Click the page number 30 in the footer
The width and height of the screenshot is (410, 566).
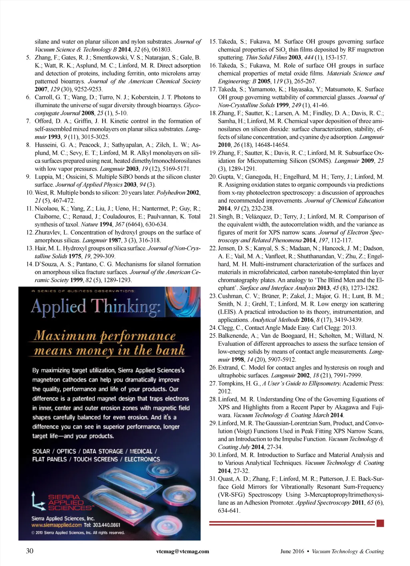pos(30,551)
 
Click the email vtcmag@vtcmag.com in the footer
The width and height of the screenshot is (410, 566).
pos(183,551)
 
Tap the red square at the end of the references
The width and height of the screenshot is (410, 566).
pos(380,523)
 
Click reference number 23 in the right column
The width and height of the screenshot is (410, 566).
pos(213,296)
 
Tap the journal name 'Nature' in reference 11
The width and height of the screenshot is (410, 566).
pos(89,225)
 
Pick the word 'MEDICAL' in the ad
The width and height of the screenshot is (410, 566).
pos(141,451)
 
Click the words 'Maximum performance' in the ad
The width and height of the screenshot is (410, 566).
pos(105,335)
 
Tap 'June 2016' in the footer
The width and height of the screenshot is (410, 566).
pos(292,551)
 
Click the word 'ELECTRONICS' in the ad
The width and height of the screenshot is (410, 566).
pos(142,459)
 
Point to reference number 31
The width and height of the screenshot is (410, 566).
pos(213,479)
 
